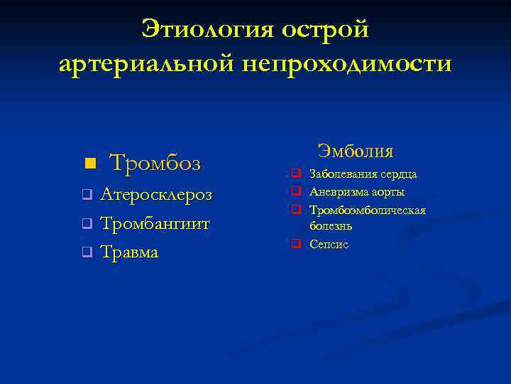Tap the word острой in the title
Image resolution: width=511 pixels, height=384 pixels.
tap(325, 29)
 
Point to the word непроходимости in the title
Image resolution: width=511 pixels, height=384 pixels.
tap(346, 64)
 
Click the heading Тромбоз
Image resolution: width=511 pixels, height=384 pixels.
tap(155, 164)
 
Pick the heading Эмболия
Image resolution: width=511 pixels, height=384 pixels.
tap(356, 151)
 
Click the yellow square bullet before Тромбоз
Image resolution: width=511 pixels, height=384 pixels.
tap(89, 164)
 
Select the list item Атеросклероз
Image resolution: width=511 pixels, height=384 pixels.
tap(156, 194)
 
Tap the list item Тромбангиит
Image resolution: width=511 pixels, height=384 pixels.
tap(155, 223)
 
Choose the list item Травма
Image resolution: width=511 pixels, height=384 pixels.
tap(130, 252)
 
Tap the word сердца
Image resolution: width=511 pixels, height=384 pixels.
tap(399, 174)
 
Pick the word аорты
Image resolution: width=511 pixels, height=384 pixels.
tap(388, 192)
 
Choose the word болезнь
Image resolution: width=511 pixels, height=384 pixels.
tap(331, 225)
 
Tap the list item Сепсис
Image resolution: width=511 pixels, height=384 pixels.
tap(329, 244)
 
